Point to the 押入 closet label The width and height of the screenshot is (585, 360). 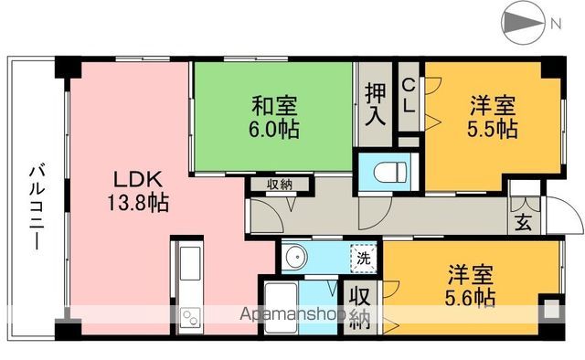click(373, 104)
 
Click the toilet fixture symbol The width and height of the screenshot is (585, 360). click(384, 168)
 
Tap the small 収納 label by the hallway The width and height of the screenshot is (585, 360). click(280, 184)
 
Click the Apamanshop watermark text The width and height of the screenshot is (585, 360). click(290, 316)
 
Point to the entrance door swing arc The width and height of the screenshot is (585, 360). click(572, 219)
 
